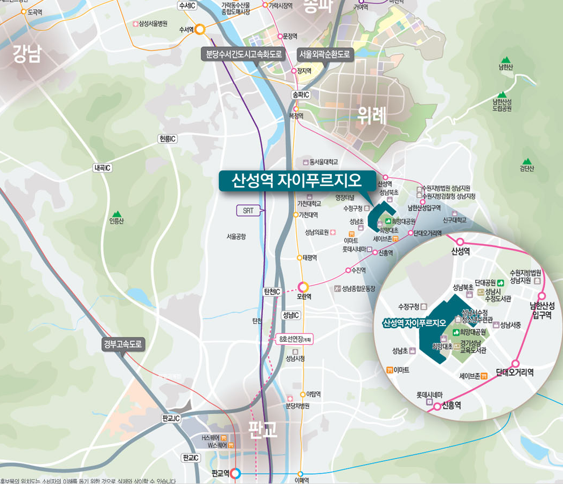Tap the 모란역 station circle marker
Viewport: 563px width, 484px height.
304,287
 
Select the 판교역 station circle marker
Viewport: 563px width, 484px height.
235,474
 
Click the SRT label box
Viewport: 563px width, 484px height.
248,211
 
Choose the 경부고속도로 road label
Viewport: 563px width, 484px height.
124,344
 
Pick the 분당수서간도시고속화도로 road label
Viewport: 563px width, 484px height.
244,54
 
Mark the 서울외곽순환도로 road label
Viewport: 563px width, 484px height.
325,54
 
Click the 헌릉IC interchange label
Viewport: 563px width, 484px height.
168,139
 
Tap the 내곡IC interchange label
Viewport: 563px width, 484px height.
102,168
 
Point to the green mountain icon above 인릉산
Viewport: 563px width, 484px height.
117,214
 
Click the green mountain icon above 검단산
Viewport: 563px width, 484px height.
526,161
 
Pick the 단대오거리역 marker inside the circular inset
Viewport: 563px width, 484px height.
515,363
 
